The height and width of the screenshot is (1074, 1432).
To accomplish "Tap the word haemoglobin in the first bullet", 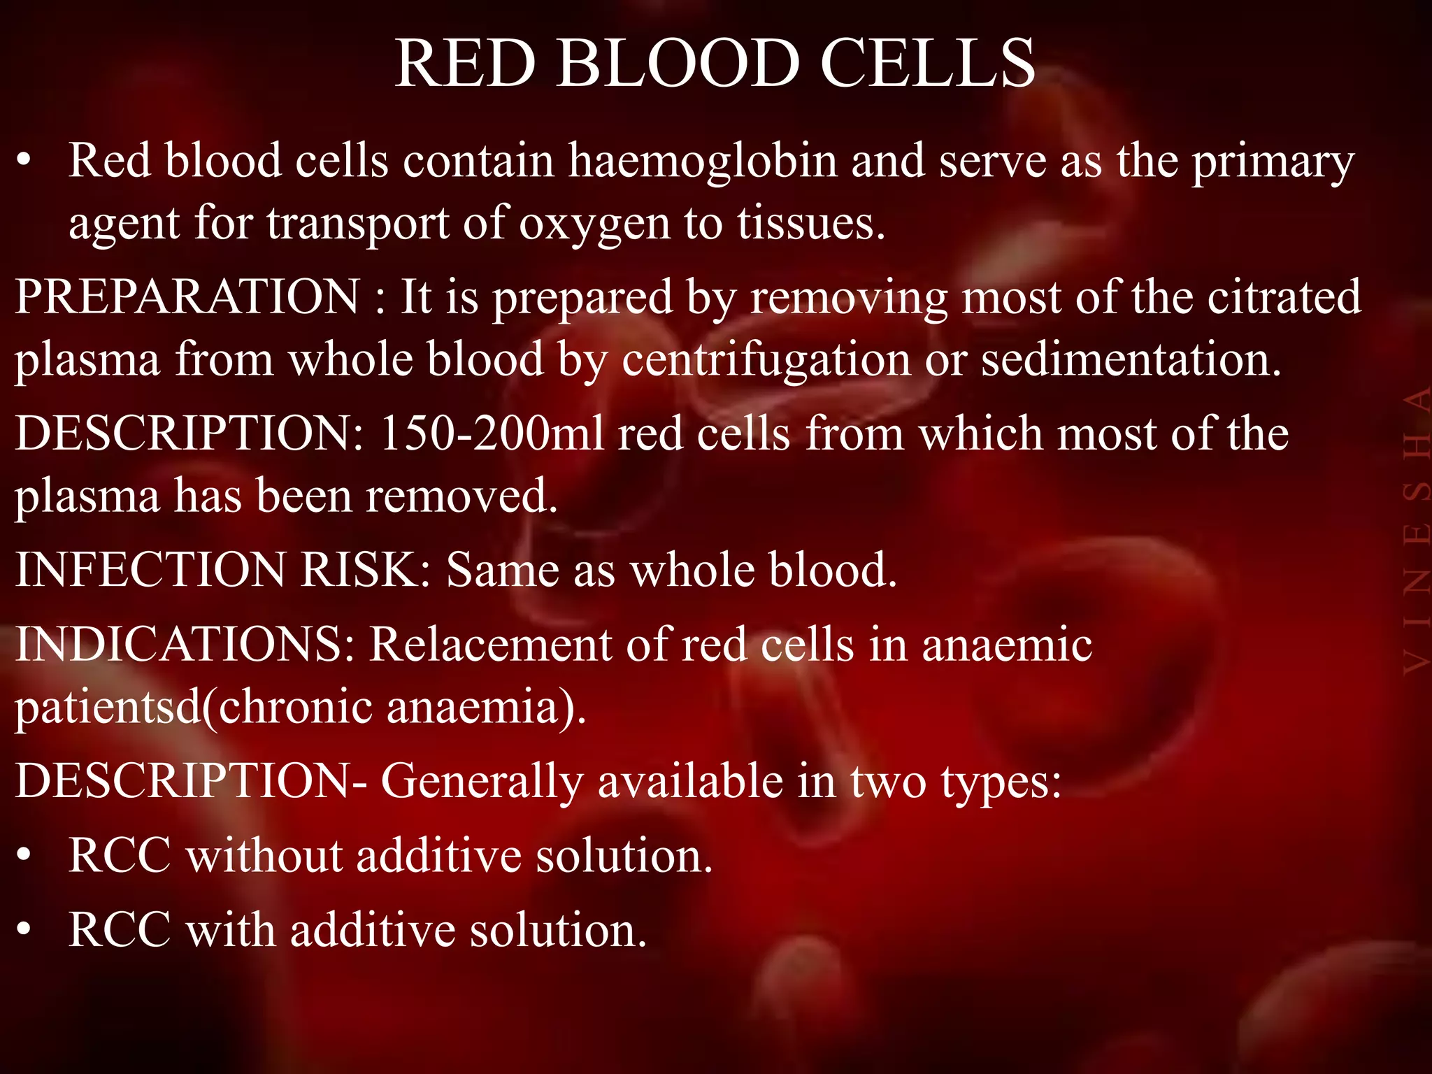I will tap(702, 161).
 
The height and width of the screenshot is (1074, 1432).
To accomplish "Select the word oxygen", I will tap(593, 224).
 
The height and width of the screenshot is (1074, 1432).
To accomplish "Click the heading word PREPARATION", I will tap(187, 296).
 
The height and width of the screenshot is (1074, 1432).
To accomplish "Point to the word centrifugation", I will tap(766, 360).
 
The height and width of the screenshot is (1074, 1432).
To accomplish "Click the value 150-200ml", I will tap(492, 434).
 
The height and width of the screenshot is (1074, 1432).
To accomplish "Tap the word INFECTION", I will tap(150, 569).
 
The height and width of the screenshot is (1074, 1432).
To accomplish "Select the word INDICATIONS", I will tap(185, 643).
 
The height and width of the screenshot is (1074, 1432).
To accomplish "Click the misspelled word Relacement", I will tap(490, 643).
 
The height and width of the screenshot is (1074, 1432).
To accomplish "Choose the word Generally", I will tap(482, 781).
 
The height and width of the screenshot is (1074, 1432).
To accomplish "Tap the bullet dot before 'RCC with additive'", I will tap(25, 930).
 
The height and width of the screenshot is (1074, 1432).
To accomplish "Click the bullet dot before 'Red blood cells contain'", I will tap(25, 162).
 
